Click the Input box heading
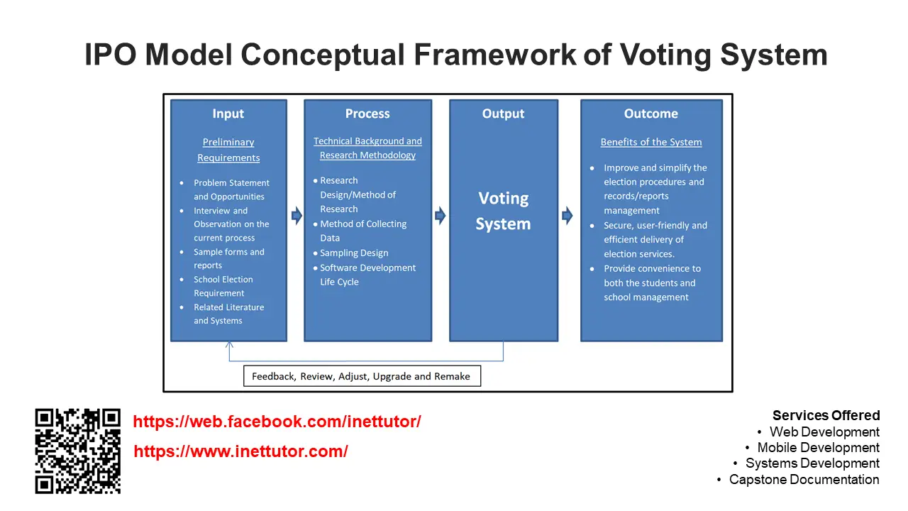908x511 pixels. pos(228,114)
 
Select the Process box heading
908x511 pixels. pos(367,114)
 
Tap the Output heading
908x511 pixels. pos(503,114)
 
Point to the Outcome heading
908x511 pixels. pos(650,114)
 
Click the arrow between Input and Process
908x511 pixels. pos(297,215)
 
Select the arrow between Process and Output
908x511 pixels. pos(440,215)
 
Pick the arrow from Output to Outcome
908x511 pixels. pos(567,215)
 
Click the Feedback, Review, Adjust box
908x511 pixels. pos(361,376)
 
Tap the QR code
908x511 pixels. pos(78,451)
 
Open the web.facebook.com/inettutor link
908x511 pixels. pos(277,422)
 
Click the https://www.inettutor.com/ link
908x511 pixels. pos(240,451)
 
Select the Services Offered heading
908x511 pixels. pos(826,415)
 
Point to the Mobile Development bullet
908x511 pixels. pos(818,448)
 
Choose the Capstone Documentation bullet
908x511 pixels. pos(804,480)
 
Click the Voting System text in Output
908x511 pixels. pos(503,211)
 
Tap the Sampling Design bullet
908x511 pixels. pos(353,253)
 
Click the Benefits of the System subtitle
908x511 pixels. pos(650,142)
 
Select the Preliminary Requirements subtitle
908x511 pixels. pos(228,150)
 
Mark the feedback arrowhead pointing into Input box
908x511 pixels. pos(229,345)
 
